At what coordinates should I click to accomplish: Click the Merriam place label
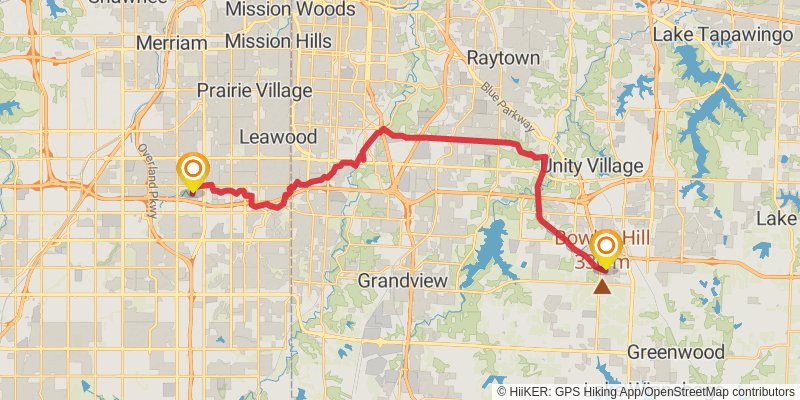coord(171,43)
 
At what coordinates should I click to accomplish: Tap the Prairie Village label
coord(253,90)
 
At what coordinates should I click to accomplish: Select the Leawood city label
coord(278,136)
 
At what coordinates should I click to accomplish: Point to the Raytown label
coord(503,58)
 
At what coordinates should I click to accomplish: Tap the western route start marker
coord(191,170)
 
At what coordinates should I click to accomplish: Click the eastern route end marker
coord(606,246)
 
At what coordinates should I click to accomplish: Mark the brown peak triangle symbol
coord(602,287)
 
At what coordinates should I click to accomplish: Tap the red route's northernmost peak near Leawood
coord(383,129)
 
